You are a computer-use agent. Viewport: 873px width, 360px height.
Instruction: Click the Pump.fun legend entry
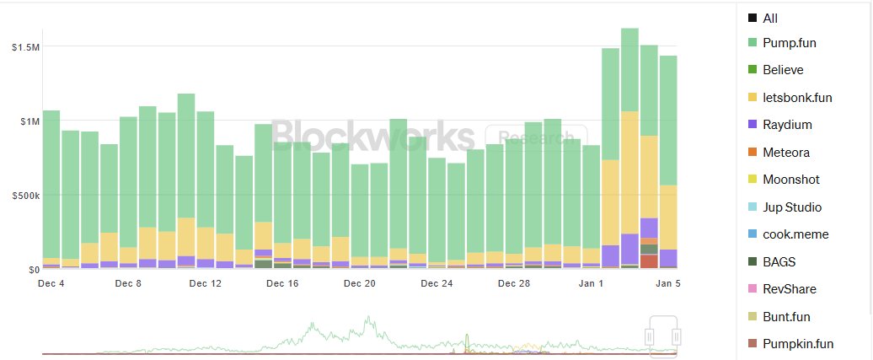[789, 42]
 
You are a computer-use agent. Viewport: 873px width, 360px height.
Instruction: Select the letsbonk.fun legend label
[797, 97]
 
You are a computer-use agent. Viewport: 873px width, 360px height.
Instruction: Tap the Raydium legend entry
[785, 125]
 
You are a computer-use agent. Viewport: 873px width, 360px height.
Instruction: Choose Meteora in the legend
[785, 152]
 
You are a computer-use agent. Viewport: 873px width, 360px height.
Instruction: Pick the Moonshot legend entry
[790, 180]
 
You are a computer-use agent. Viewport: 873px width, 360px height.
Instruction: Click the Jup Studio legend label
[791, 207]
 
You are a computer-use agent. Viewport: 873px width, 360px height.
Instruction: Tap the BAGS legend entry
[779, 261]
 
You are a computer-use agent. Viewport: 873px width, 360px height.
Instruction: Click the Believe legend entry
[783, 70]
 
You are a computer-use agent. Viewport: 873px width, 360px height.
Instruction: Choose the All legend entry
[770, 18]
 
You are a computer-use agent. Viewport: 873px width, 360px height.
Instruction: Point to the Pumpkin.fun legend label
[797, 344]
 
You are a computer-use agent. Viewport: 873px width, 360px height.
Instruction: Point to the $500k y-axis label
[23, 196]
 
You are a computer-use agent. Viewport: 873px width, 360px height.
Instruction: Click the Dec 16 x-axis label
[283, 284]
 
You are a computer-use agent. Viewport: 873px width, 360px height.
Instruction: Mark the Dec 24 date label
[436, 284]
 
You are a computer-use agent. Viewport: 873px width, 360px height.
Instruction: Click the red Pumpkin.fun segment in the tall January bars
[649, 261]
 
